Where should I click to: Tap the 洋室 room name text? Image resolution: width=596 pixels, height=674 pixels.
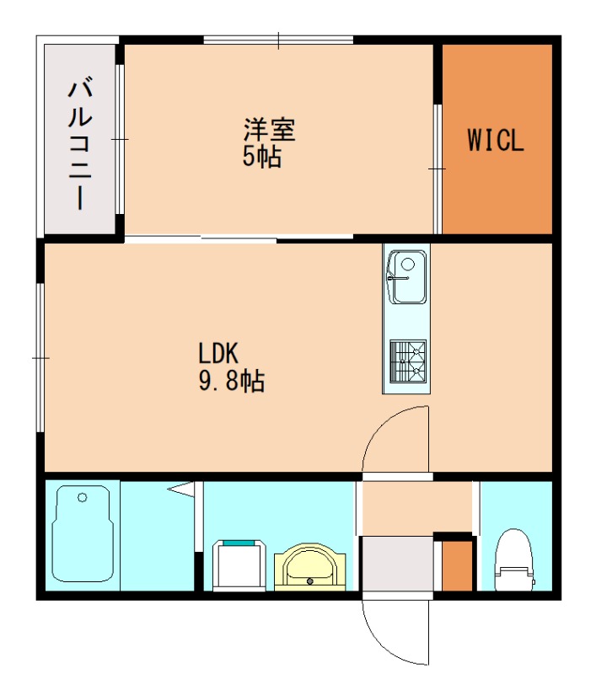(x=269, y=131)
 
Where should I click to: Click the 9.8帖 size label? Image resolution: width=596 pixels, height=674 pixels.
(x=231, y=382)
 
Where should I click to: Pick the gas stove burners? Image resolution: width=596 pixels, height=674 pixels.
(x=407, y=361)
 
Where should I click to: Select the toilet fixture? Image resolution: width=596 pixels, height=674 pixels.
(x=514, y=561)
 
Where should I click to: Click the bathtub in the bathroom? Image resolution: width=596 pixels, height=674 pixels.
(x=83, y=535)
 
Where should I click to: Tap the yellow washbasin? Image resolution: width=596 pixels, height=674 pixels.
(x=309, y=565)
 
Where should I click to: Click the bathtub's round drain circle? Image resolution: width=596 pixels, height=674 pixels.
(x=83, y=498)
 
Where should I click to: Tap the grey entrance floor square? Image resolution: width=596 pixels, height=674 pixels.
(x=396, y=565)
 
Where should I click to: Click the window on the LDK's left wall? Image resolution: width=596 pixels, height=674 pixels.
(x=40, y=358)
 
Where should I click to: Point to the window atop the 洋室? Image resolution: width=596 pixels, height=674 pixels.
(x=278, y=39)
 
